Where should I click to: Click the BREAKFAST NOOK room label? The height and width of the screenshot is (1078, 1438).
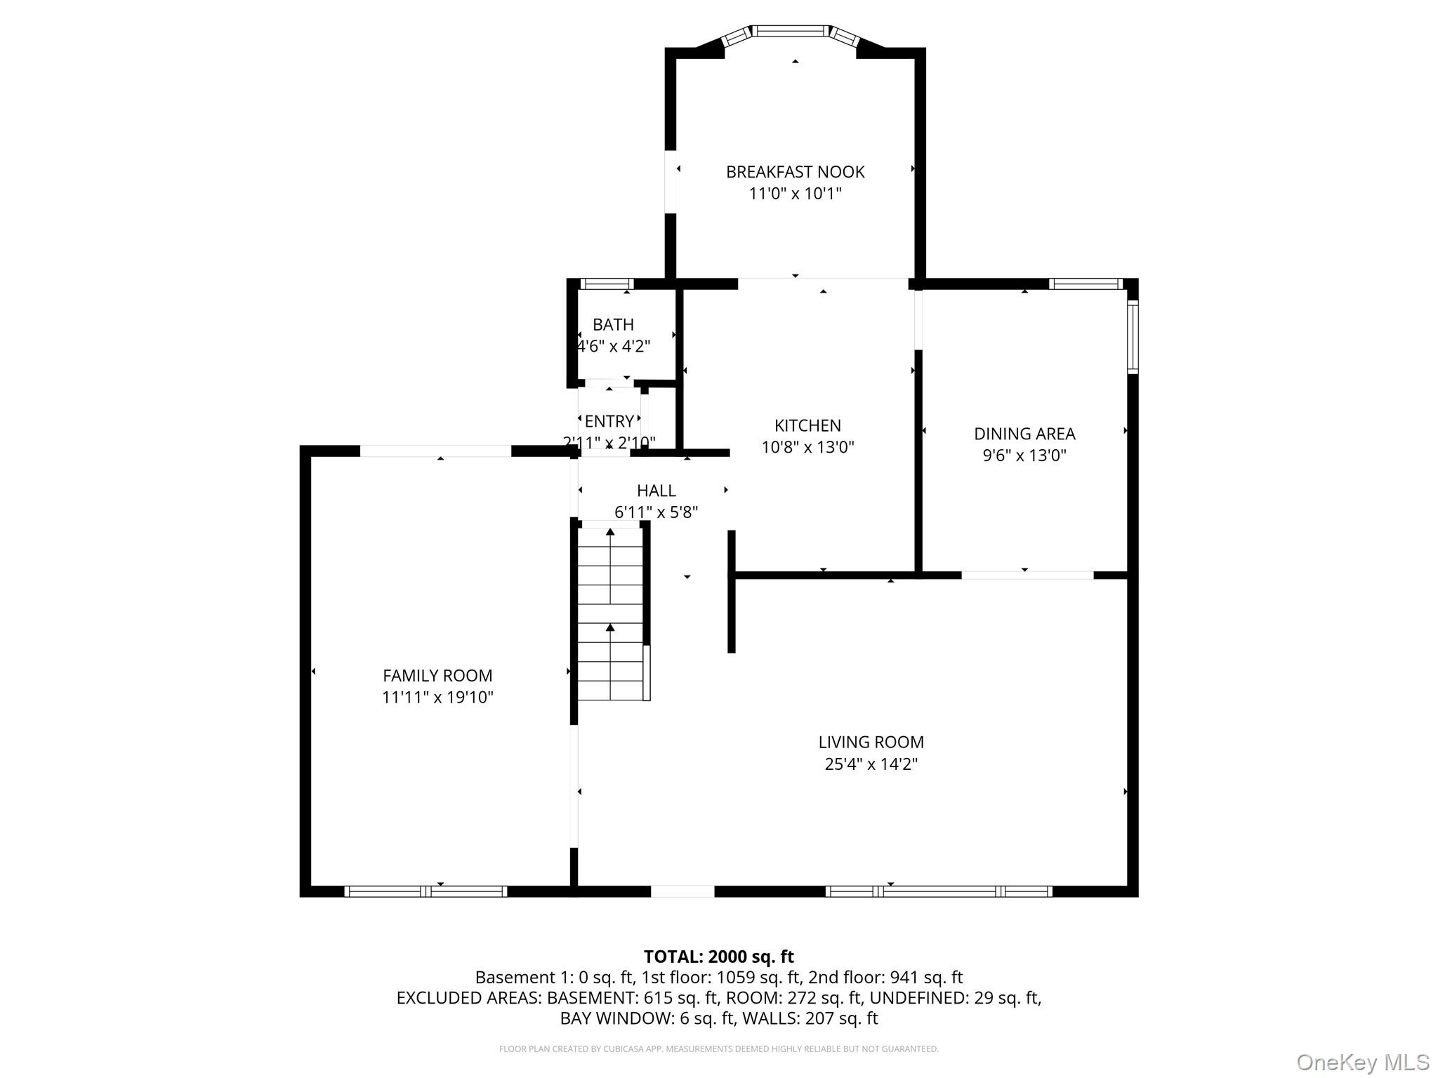pyautogui.click(x=795, y=172)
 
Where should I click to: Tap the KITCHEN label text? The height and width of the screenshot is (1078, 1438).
pyautogui.click(x=807, y=425)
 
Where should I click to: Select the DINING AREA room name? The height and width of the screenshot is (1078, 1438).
pyautogui.click(x=1024, y=434)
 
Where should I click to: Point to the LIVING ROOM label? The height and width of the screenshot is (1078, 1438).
pyautogui.click(x=871, y=742)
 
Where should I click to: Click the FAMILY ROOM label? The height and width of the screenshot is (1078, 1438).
pyautogui.click(x=437, y=676)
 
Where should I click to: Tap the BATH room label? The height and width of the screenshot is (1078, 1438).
pyautogui.click(x=613, y=325)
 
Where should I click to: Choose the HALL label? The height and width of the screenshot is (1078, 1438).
pyautogui.click(x=657, y=491)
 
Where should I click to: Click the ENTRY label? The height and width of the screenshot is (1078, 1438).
pyautogui.click(x=609, y=421)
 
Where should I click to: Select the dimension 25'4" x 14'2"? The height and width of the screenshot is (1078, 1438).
pyautogui.click(x=871, y=764)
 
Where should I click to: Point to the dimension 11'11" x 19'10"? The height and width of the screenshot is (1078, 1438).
pyautogui.click(x=437, y=698)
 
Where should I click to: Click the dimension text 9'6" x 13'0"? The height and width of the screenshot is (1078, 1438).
pyautogui.click(x=1024, y=455)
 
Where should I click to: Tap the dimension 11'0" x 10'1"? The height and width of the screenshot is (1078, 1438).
pyautogui.click(x=795, y=194)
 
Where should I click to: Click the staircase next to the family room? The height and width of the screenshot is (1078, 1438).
pyautogui.click(x=611, y=614)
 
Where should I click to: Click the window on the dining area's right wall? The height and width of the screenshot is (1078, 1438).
pyautogui.click(x=1133, y=337)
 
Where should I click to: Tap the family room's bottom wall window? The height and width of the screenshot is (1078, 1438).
pyautogui.click(x=426, y=891)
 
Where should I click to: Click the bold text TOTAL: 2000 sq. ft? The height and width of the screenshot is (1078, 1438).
pyautogui.click(x=719, y=957)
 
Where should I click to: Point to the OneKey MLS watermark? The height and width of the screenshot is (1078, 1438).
pyautogui.click(x=1362, y=1062)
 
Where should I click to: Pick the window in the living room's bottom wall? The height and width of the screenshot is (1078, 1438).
pyautogui.click(x=939, y=891)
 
